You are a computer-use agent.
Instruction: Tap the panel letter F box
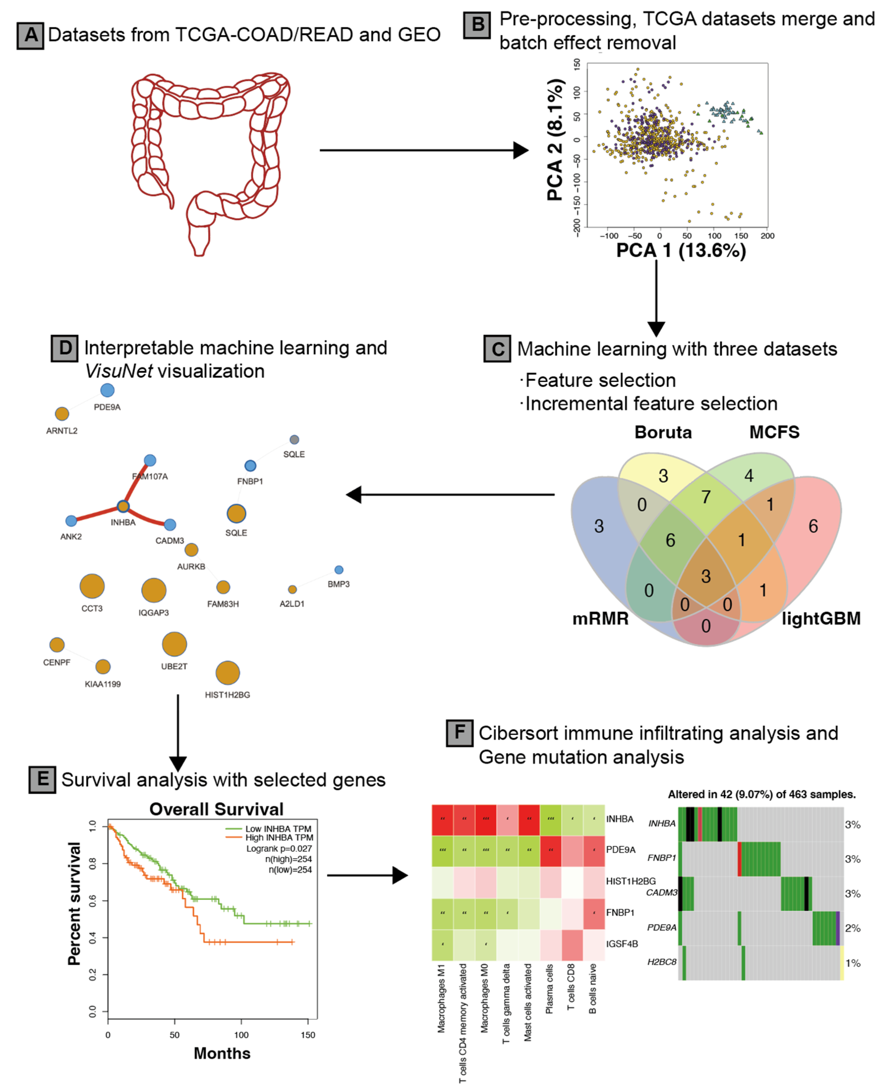pos(459,732)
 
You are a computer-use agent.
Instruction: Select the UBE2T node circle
pos(174,644)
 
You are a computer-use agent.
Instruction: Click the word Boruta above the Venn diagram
pos(663,432)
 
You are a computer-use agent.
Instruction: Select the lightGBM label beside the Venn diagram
pos(821,619)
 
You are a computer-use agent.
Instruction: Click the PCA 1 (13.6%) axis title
pos(681,251)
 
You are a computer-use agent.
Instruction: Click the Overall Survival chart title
pos(216,809)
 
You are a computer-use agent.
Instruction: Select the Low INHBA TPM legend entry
pos(278,829)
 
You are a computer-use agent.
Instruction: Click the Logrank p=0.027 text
pos(279,849)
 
